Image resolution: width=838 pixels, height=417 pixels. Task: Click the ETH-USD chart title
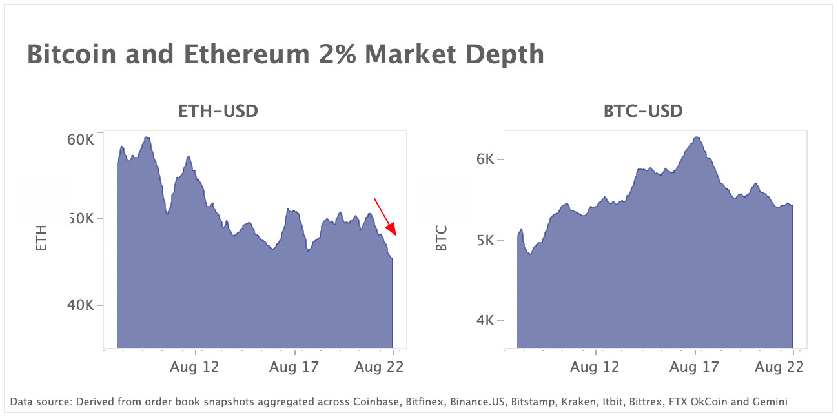tap(218, 111)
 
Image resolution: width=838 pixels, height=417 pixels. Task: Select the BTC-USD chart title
tap(642, 111)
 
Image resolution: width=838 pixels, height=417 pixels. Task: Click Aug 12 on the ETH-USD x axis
tap(195, 367)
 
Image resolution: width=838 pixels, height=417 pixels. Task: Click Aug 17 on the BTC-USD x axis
tap(694, 367)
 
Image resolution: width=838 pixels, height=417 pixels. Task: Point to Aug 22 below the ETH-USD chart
tap(379, 367)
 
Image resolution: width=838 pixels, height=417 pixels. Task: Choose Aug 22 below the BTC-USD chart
tap(779, 367)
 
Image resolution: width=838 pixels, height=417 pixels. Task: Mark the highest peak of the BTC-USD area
tap(696, 137)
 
